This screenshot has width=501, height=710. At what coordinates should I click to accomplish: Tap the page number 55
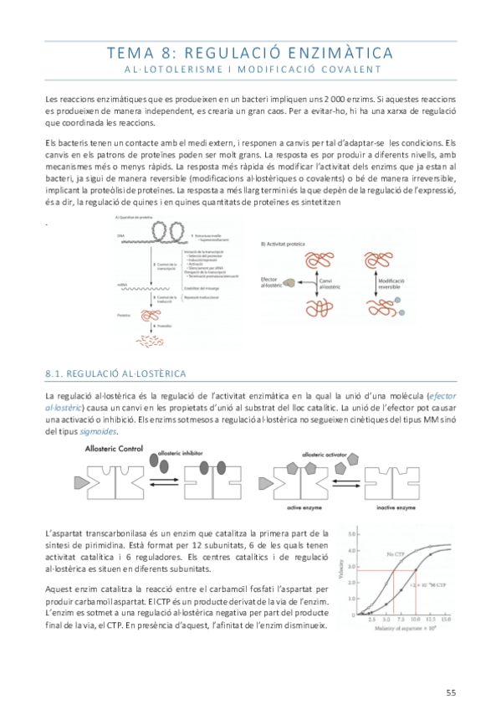tap(451, 691)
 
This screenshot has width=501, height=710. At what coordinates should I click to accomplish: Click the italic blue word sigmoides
tap(98, 431)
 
